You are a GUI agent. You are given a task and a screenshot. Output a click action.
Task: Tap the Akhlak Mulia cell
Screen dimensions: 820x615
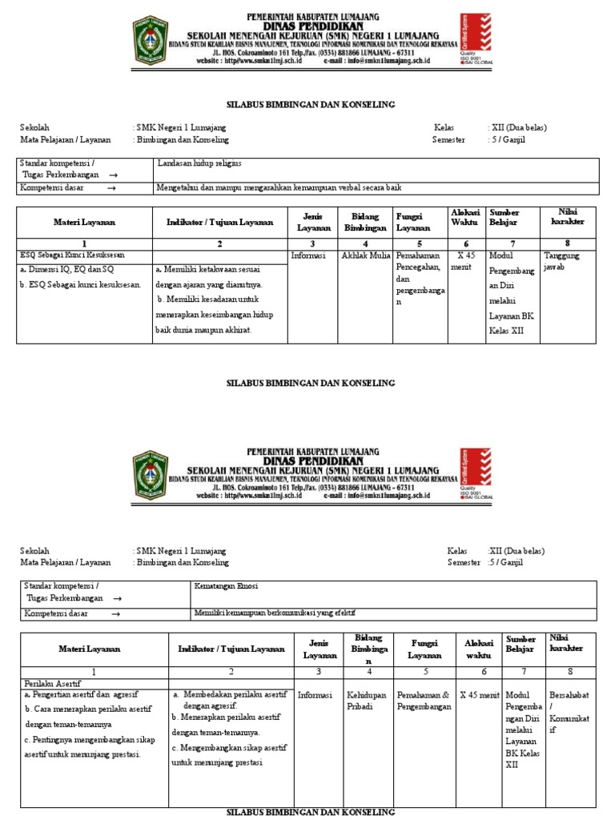point(364,257)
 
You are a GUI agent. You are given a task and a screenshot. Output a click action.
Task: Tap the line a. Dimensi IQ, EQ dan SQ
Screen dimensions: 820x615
point(66,270)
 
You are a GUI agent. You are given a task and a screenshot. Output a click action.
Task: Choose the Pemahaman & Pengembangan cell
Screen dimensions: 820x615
point(424,702)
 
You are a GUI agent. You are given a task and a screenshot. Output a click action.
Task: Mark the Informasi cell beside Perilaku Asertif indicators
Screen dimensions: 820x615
point(314,696)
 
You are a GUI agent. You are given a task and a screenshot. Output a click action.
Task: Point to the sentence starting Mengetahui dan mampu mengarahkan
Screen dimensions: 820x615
point(278,187)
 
